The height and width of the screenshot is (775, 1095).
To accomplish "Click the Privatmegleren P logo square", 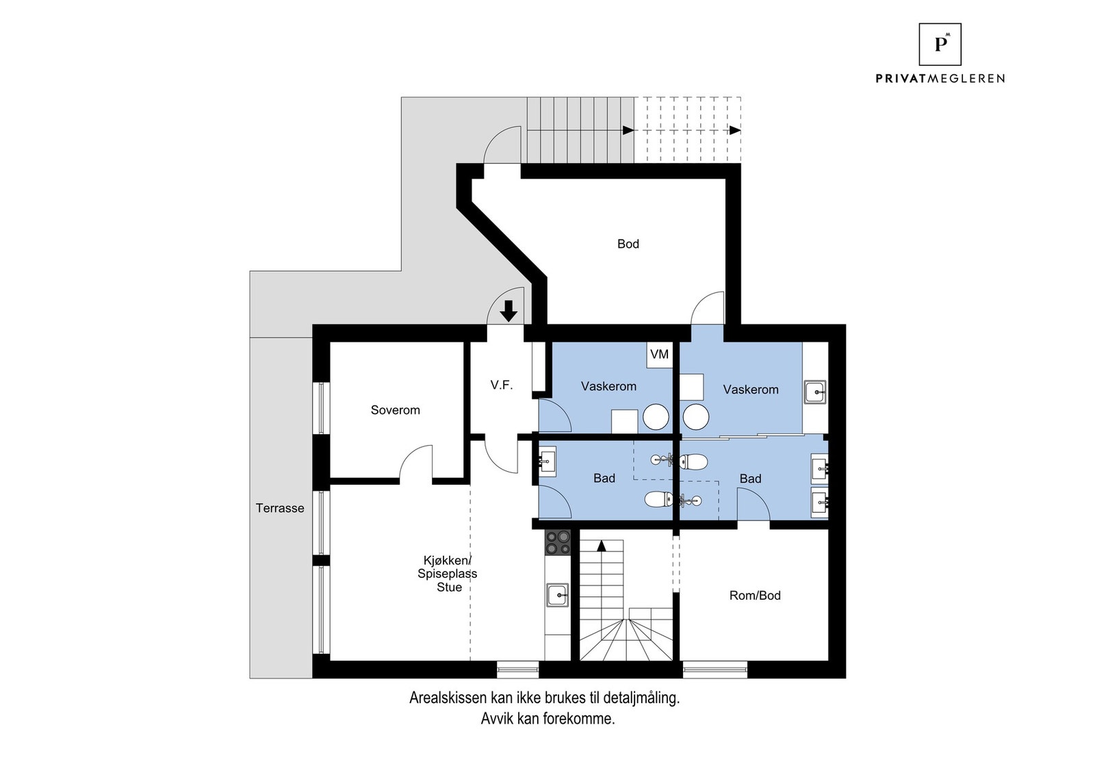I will click(x=940, y=44).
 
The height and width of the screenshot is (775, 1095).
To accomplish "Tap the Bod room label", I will click(x=628, y=244).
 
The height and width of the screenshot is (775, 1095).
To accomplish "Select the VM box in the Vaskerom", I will click(x=659, y=354).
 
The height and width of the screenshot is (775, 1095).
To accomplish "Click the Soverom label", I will click(x=395, y=410).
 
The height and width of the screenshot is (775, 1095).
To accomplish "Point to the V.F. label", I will click(x=501, y=385).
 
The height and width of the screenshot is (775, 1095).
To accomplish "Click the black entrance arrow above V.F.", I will click(x=508, y=311).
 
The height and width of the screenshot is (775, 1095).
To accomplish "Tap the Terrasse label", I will click(x=280, y=508).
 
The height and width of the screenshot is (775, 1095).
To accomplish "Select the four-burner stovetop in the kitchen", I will click(x=558, y=542).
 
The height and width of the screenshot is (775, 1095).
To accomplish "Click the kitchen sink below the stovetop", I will click(x=558, y=595).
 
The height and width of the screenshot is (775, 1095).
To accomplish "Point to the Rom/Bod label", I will click(x=754, y=596).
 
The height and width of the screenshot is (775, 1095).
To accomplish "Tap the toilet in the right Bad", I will click(x=693, y=462).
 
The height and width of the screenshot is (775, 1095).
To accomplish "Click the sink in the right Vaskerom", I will click(x=815, y=393).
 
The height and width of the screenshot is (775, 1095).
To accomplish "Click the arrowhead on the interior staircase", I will click(x=602, y=546).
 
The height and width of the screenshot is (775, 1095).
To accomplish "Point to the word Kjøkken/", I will click(x=448, y=561).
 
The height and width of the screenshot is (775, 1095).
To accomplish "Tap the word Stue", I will click(x=450, y=587).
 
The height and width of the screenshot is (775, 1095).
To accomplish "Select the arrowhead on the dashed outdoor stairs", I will click(x=734, y=130).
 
